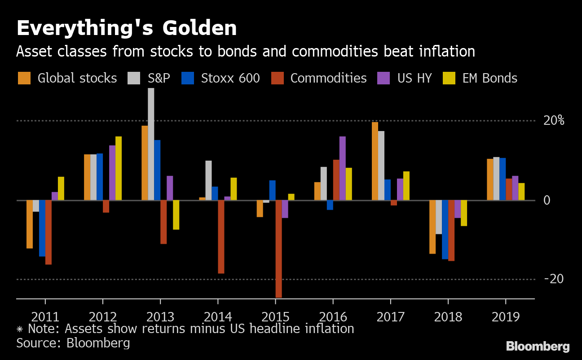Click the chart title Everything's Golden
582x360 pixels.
tap(126, 28)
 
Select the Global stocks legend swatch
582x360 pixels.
tap(24, 78)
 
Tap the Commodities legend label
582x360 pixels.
tap(328, 78)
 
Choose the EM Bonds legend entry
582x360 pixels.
tap(489, 78)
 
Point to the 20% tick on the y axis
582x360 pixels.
tap(553, 121)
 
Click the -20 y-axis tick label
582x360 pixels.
tap(553, 279)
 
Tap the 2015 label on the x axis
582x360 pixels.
tap(275, 317)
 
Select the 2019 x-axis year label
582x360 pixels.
tap(506, 317)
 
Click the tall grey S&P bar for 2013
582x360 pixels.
tap(151, 144)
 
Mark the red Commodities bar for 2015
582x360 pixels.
tap(278, 249)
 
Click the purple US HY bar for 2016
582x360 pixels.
tap(343, 168)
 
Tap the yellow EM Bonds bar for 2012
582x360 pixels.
tap(119, 168)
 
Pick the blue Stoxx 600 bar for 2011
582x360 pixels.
tap(42, 228)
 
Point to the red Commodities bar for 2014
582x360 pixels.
tap(221, 237)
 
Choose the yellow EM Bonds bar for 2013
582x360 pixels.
tap(176, 215)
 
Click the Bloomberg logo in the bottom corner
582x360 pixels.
tap(538, 347)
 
